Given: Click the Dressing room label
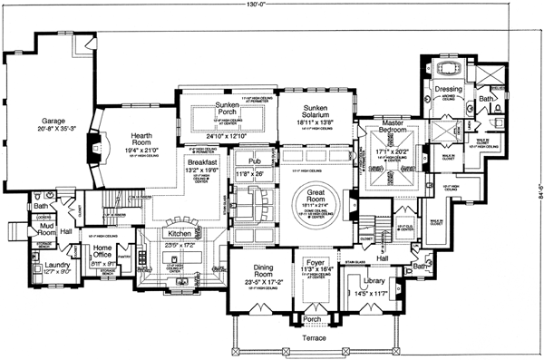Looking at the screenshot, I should coord(448,90).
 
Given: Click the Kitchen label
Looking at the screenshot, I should coord(180,234).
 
